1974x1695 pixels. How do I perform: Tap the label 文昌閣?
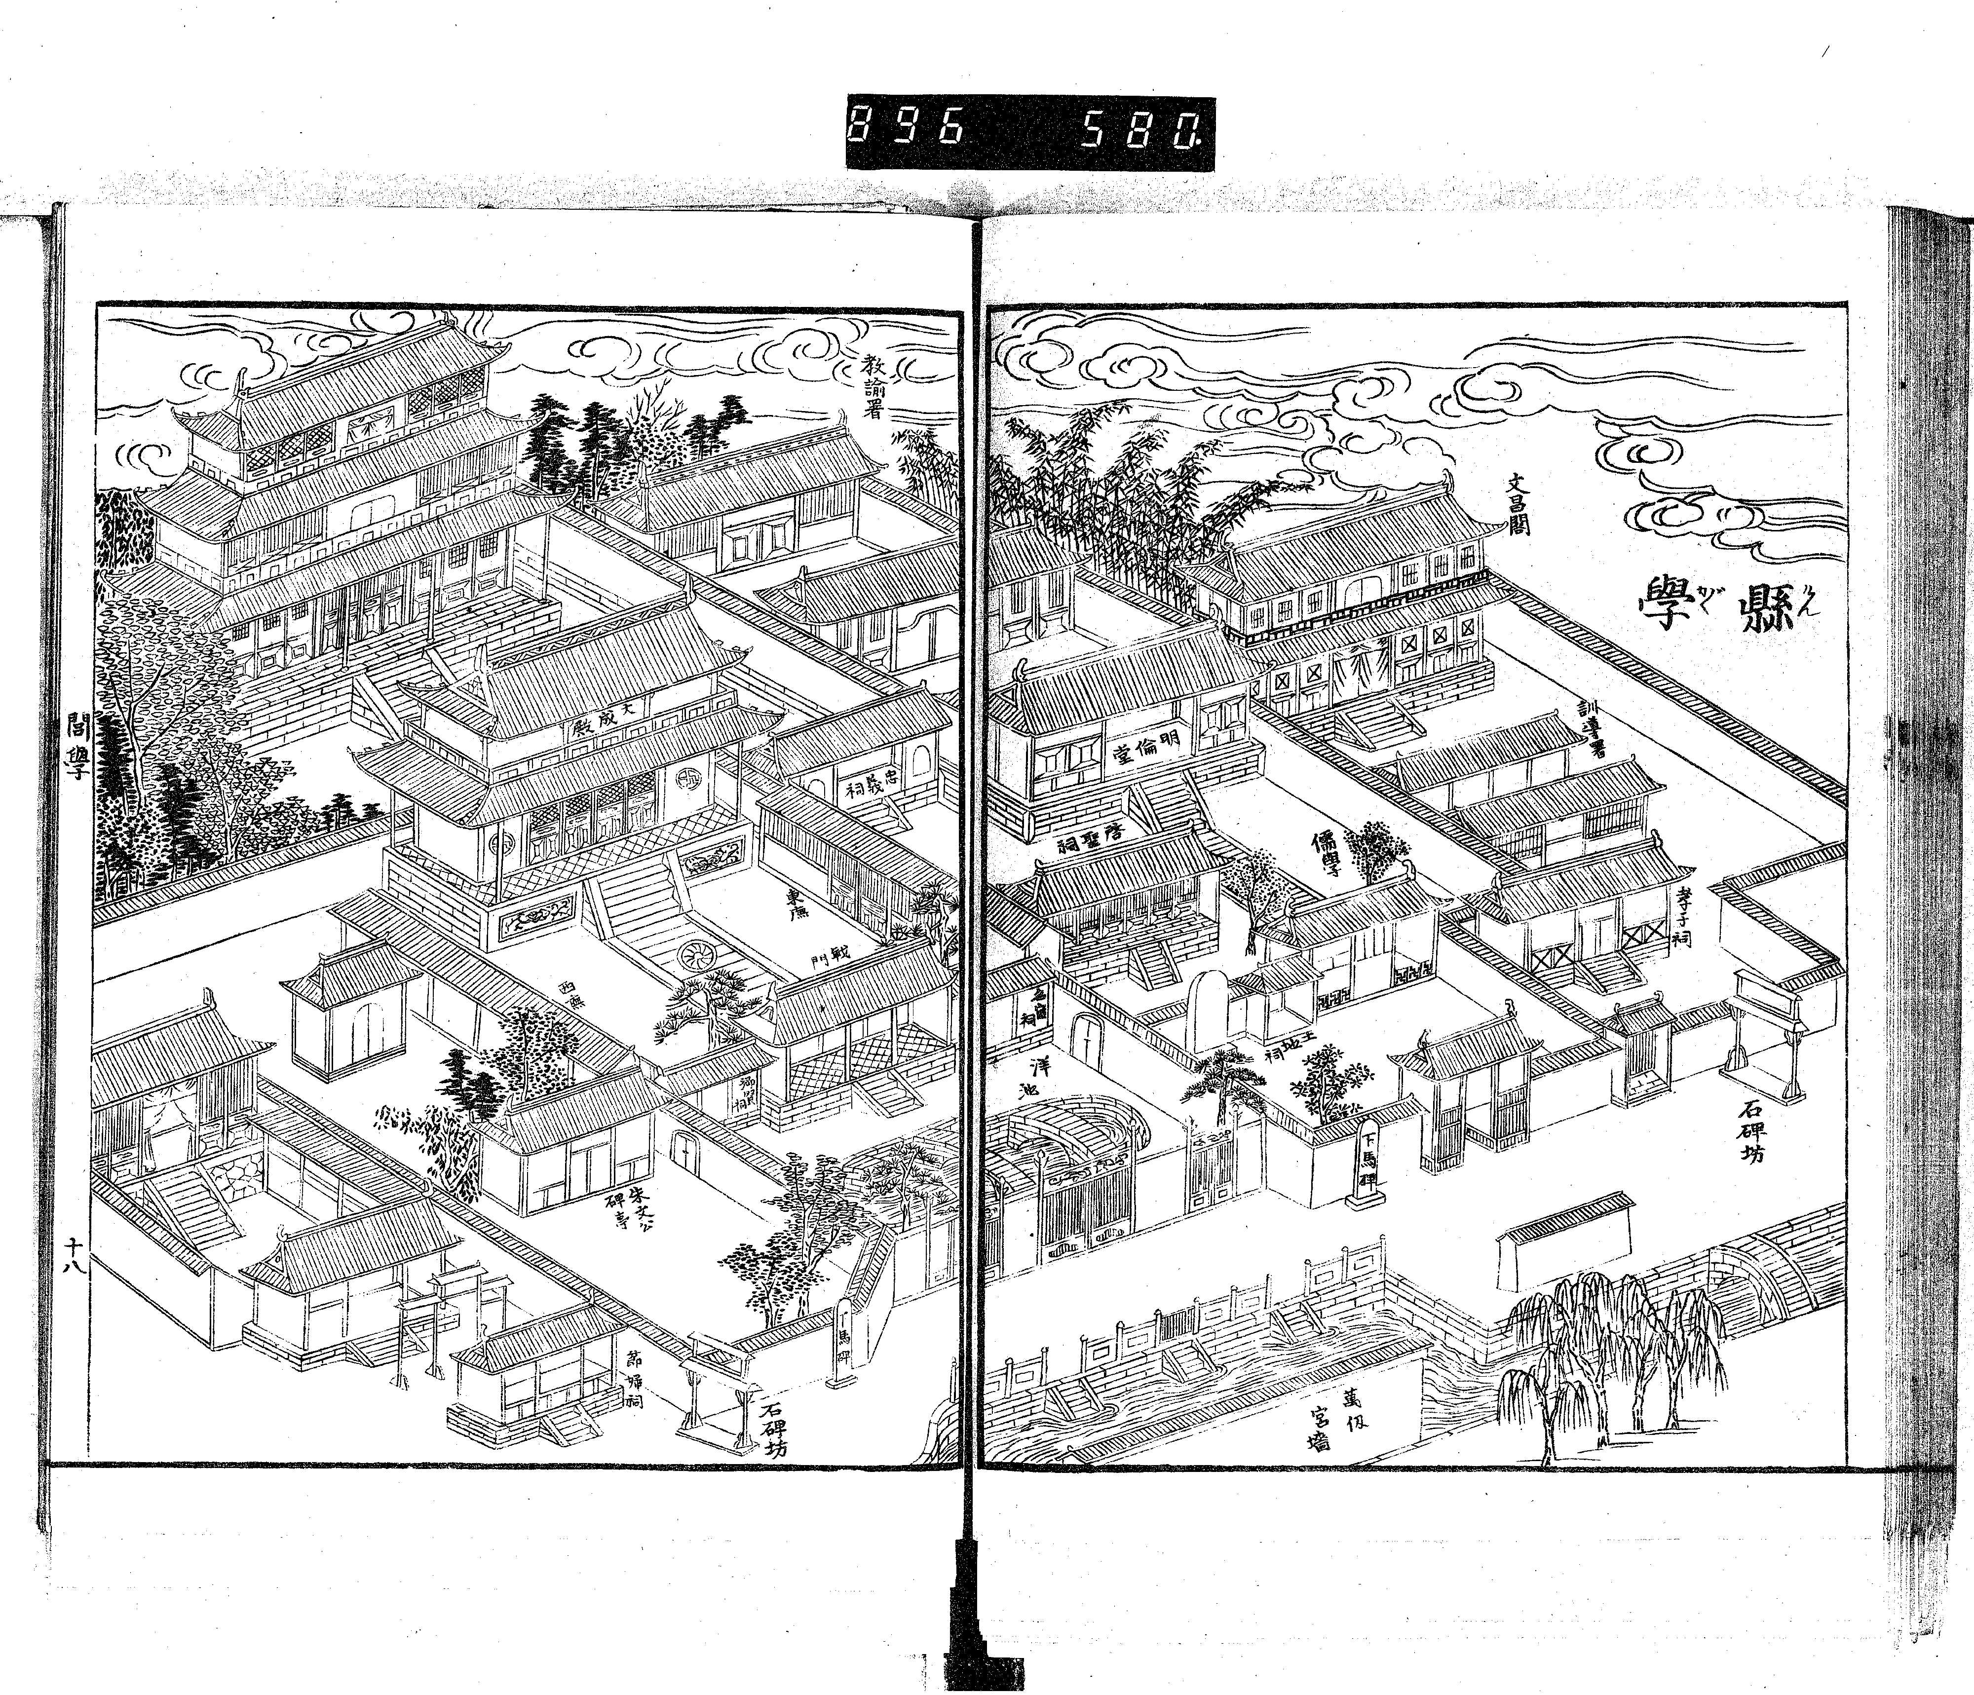[1517, 505]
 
